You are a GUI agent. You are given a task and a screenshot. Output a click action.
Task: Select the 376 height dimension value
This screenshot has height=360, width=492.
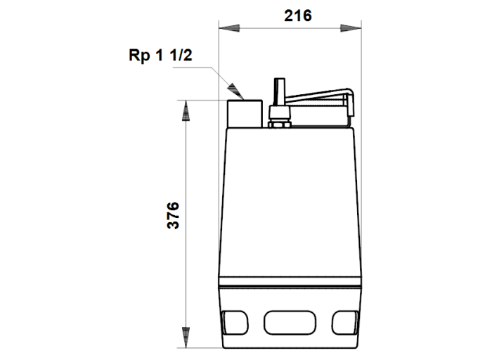click(174, 215)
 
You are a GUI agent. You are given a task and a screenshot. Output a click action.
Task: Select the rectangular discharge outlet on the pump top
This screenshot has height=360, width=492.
click(244, 113)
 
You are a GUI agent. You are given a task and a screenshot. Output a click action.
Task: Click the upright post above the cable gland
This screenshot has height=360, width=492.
click(278, 91)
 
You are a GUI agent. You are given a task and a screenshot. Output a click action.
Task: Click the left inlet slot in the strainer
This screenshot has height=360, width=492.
click(234, 322)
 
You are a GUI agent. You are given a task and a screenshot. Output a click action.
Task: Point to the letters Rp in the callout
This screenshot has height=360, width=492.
click(139, 56)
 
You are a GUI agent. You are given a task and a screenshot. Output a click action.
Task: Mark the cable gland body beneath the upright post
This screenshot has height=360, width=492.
click(278, 113)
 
